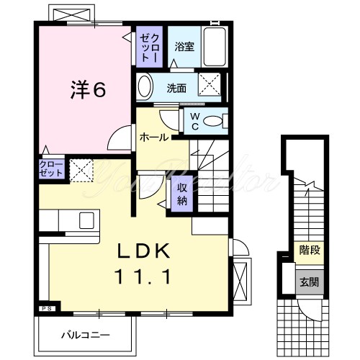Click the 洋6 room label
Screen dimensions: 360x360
[88, 89]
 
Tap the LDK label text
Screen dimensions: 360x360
[144, 251]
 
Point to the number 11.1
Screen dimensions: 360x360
[144, 276]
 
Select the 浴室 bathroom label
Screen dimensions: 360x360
[184, 48]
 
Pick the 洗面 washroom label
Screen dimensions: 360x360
[177, 89]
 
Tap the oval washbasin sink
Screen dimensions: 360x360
[144, 88]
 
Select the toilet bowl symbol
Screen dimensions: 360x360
[214, 121]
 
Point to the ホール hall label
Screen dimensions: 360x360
[154, 137]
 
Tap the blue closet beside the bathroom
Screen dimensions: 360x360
[150, 47]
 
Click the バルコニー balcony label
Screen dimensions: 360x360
[84, 336]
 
